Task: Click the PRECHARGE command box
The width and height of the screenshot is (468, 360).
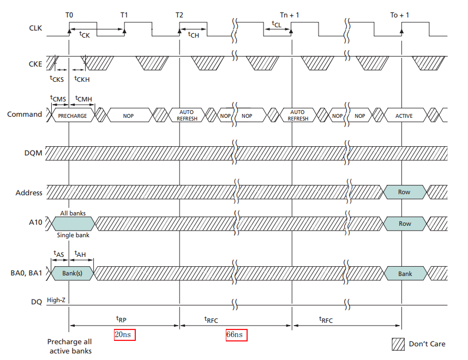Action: click(x=73, y=116)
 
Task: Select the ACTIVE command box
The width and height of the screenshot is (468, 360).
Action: click(x=404, y=116)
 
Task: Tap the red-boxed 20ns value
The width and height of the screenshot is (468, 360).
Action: click(x=124, y=335)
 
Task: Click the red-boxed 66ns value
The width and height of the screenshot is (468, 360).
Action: click(x=237, y=335)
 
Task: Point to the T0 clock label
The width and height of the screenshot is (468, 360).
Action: click(x=69, y=15)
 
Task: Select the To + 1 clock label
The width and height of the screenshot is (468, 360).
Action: click(x=400, y=15)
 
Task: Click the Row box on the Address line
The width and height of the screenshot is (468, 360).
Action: click(x=404, y=192)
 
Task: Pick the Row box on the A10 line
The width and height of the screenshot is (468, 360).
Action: click(x=404, y=224)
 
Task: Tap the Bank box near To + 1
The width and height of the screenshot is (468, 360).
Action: click(x=404, y=273)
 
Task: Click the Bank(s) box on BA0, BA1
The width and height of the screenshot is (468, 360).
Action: click(x=72, y=273)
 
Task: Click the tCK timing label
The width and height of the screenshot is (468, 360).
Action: click(x=84, y=34)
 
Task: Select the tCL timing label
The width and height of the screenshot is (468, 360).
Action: click(x=277, y=24)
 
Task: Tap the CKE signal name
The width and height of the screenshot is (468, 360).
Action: click(x=34, y=64)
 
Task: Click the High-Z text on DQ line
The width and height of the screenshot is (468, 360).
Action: click(x=56, y=300)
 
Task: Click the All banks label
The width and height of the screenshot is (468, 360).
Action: click(x=73, y=213)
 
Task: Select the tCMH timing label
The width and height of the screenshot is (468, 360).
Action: click(x=84, y=99)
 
